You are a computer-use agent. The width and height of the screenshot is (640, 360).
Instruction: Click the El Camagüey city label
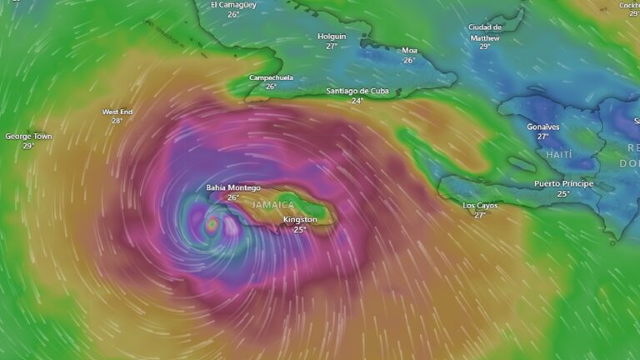point(233,5)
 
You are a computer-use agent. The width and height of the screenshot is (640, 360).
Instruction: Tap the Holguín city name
point(332,37)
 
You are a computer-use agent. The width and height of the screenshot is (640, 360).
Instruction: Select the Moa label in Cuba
point(409,50)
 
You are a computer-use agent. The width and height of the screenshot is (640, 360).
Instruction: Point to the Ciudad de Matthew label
point(484,32)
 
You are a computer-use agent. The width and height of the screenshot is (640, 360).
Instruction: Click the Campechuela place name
point(271,77)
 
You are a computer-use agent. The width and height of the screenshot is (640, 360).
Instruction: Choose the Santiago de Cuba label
point(357,91)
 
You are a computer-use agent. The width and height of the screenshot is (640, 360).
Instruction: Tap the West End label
point(117,112)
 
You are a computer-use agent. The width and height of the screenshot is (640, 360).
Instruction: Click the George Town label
point(28,136)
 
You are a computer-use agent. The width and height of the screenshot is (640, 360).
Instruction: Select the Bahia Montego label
point(233,187)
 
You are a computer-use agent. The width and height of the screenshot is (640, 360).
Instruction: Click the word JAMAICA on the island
point(273,204)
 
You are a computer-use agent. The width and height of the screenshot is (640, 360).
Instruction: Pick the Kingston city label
point(300,219)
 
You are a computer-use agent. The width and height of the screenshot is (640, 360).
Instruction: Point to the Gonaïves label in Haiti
point(543,127)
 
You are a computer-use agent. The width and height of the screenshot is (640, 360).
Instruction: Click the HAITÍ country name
point(559,155)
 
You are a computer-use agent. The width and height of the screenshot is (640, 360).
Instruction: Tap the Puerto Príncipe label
point(563,183)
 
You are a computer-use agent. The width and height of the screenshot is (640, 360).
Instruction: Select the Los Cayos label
point(480,205)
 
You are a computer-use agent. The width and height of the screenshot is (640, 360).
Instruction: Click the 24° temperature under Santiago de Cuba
point(357,101)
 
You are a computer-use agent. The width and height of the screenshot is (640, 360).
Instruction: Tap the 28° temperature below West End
point(117,121)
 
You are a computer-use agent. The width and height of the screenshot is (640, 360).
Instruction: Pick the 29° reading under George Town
point(28,146)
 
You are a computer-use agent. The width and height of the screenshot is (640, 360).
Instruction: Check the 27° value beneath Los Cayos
point(480,215)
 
